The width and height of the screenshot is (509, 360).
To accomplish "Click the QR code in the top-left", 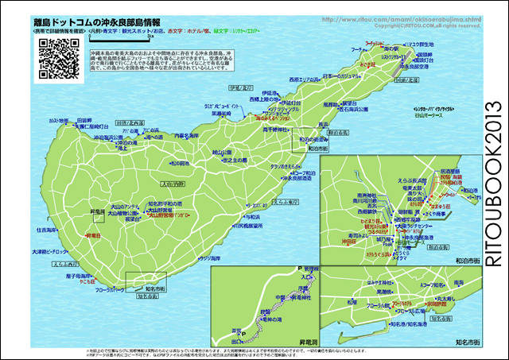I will point(56,56).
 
